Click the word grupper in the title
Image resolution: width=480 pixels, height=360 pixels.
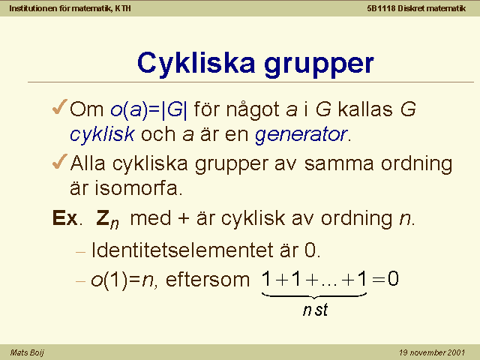(x=319, y=66)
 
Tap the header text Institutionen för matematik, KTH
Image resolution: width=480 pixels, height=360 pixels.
(x=70, y=8)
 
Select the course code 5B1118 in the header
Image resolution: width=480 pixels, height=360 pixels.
(x=381, y=8)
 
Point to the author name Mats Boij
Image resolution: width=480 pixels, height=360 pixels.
(x=27, y=352)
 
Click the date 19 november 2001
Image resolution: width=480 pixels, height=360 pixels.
(x=432, y=352)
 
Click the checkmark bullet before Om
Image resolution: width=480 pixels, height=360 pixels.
(x=60, y=106)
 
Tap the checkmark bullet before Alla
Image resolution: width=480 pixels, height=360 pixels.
(x=60, y=161)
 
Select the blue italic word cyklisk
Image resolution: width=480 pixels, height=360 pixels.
(x=102, y=134)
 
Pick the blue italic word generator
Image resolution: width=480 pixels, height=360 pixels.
(x=301, y=134)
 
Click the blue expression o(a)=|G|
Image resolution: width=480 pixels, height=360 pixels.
(x=148, y=109)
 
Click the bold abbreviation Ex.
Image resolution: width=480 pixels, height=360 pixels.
(x=65, y=218)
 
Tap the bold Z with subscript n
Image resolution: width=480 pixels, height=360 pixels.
(x=107, y=219)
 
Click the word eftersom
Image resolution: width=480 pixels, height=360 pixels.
(x=208, y=280)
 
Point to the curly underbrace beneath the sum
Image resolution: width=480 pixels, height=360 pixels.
(x=314, y=295)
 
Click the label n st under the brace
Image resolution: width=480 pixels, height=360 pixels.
(x=315, y=310)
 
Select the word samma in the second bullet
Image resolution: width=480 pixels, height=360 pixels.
(x=339, y=163)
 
